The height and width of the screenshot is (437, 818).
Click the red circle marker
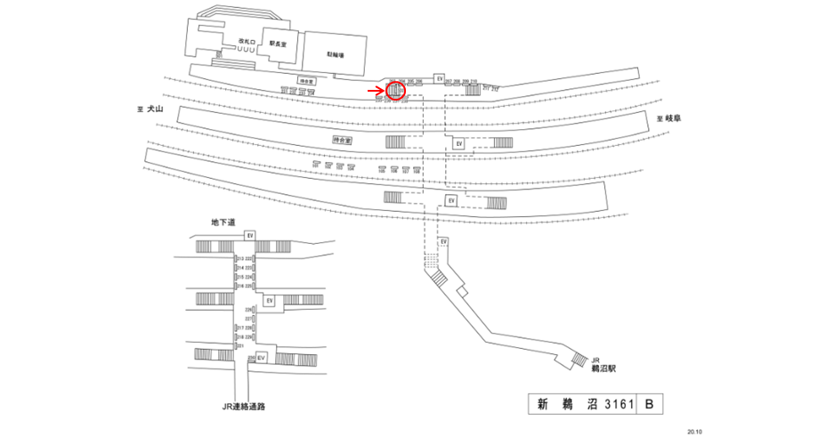395,90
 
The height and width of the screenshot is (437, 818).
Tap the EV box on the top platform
439,79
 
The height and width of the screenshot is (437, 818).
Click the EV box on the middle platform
458,142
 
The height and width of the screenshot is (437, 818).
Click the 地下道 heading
223,223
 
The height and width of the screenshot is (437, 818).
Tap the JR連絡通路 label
244,406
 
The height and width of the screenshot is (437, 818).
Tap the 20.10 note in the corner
693,430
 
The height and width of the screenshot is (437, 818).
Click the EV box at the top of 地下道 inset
251,235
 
